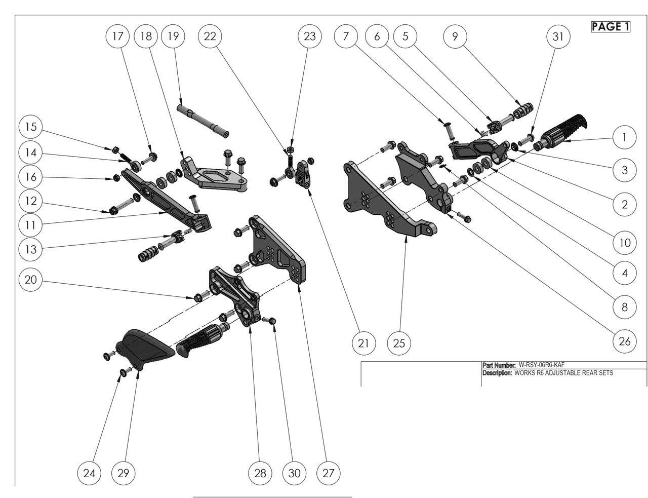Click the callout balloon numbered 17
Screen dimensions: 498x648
coord(117,36)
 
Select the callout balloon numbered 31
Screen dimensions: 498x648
coord(558,36)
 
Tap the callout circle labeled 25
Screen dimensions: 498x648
coord(399,343)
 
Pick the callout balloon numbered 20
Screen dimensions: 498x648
coord(31,280)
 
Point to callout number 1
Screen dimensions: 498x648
coord(624,137)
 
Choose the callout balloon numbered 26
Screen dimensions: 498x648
coord(624,341)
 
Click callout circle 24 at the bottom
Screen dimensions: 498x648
coord(89,473)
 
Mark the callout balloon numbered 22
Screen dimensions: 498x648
coord(210,36)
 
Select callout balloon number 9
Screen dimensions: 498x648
coord(455,36)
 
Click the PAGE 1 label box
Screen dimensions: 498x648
coord(611,27)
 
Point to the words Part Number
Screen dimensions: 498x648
coord(499,365)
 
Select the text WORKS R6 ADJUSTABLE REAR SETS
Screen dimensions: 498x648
coord(563,373)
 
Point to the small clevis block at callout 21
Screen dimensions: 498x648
coord(304,175)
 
